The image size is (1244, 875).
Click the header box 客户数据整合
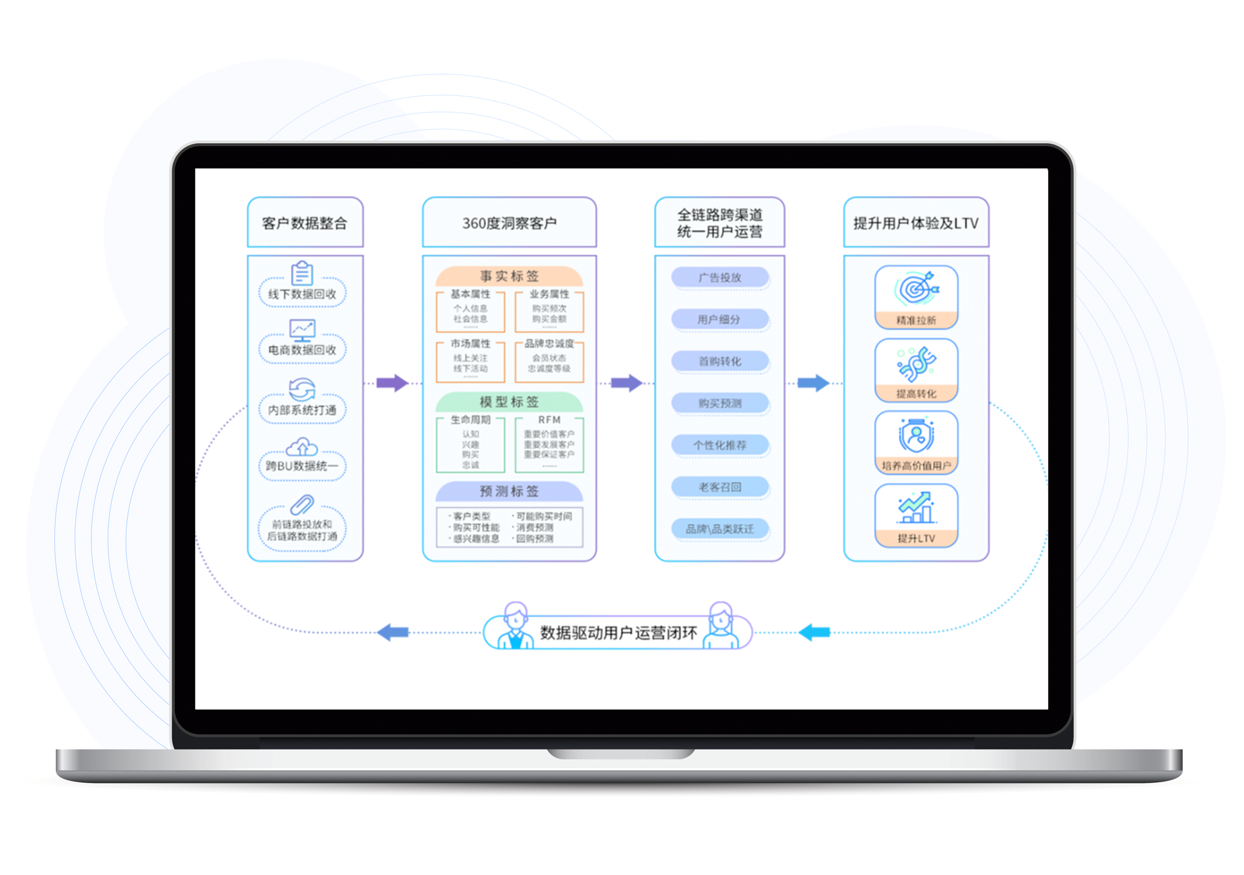(x=305, y=223)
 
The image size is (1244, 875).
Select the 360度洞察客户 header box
(x=509, y=223)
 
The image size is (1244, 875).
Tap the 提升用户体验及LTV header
(x=916, y=223)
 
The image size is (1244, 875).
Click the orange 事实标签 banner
(x=509, y=276)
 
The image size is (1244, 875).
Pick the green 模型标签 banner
(x=509, y=402)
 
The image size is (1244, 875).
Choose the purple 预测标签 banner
(x=509, y=491)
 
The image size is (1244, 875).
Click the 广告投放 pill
(x=720, y=277)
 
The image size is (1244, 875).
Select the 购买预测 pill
(x=720, y=403)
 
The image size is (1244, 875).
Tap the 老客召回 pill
(x=720, y=487)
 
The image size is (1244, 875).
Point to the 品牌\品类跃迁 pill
(x=720, y=529)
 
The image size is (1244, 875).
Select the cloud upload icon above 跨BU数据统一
(x=302, y=447)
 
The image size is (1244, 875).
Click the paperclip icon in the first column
(x=302, y=504)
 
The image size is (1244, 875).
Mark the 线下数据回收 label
(x=302, y=294)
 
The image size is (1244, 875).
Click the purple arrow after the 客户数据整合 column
(x=392, y=383)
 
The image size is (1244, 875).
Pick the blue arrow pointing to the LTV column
(x=813, y=383)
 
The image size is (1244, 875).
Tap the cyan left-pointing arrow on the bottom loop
(x=814, y=632)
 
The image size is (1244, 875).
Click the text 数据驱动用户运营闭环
(x=618, y=633)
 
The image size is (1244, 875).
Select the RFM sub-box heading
(x=549, y=420)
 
